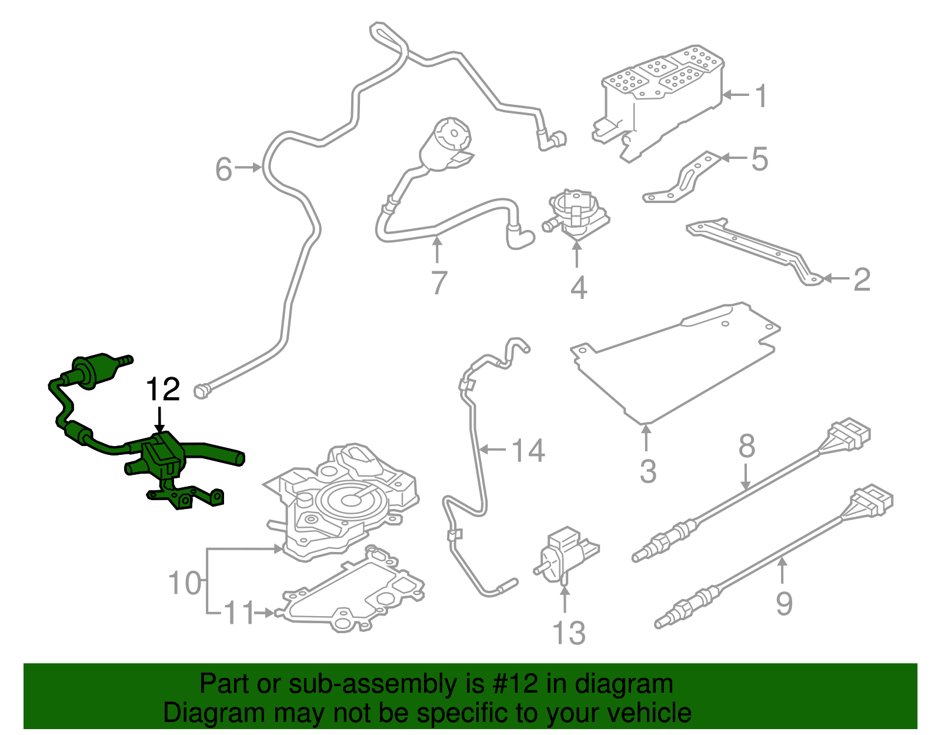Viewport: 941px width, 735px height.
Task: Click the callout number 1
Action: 761,95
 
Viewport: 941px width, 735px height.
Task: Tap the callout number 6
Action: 224,169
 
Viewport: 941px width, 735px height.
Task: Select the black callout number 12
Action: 163,390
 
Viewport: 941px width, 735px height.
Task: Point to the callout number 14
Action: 528,451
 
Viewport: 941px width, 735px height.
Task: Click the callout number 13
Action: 569,633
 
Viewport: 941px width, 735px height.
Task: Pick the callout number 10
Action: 184,583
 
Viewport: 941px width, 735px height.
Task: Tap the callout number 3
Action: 648,471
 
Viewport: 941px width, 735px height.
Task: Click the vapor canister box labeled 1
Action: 659,100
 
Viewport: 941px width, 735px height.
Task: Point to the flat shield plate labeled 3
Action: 676,365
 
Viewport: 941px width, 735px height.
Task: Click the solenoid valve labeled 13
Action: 565,553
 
